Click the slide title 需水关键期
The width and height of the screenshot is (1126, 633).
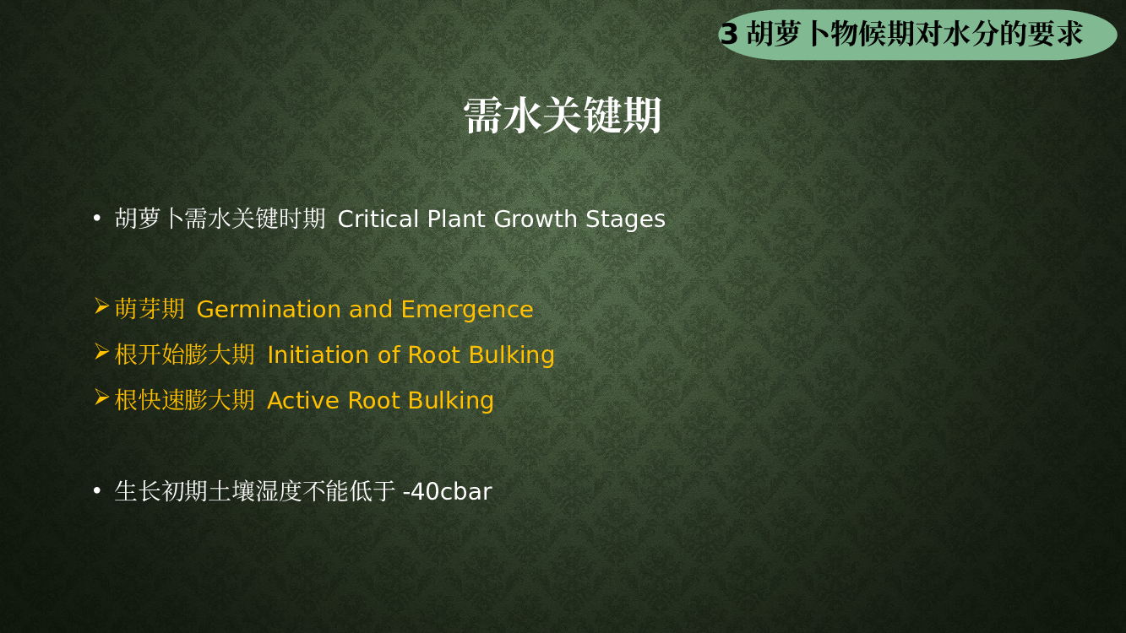562,116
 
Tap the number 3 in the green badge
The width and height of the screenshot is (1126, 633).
729,34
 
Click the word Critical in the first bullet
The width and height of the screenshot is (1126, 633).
378,219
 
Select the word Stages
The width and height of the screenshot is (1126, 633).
625,220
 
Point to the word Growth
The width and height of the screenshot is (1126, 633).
536,219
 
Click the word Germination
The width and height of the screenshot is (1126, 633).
269,309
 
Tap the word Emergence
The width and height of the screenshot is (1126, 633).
467,310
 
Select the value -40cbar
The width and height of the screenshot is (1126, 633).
448,491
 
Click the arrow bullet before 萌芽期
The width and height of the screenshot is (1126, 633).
101,306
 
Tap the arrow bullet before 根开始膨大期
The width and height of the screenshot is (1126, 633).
101,352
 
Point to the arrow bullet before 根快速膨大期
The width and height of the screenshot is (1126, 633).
101,398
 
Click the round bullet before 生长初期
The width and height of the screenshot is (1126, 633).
97,491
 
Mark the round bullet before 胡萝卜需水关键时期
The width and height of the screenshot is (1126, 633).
97,219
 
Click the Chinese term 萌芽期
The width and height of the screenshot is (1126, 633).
150,309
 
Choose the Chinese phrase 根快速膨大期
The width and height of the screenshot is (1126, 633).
184,400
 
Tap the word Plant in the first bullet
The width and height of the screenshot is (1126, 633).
456,219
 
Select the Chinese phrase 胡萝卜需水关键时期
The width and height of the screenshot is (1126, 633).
220,219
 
